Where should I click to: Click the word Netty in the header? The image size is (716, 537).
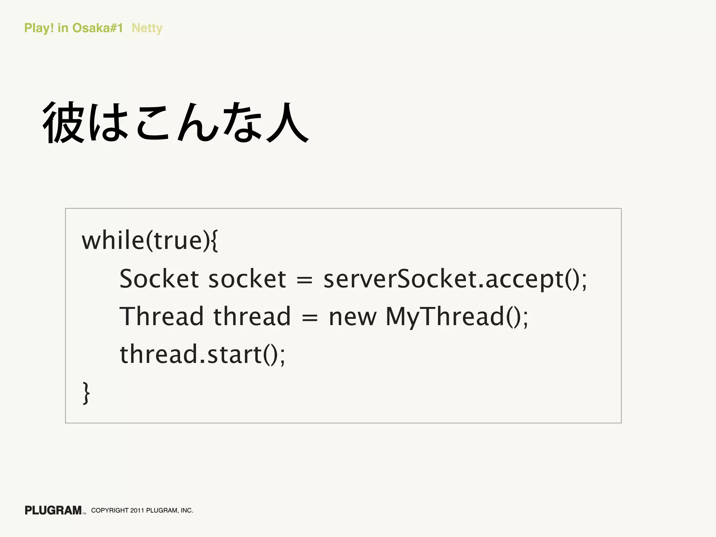147,28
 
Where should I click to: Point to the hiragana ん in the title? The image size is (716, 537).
198,123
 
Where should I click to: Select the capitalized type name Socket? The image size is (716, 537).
159,279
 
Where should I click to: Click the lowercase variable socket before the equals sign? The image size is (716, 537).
247,279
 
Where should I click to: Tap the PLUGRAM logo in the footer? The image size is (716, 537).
53,510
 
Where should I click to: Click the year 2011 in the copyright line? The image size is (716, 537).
137,510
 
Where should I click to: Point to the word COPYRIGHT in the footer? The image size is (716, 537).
110,510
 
